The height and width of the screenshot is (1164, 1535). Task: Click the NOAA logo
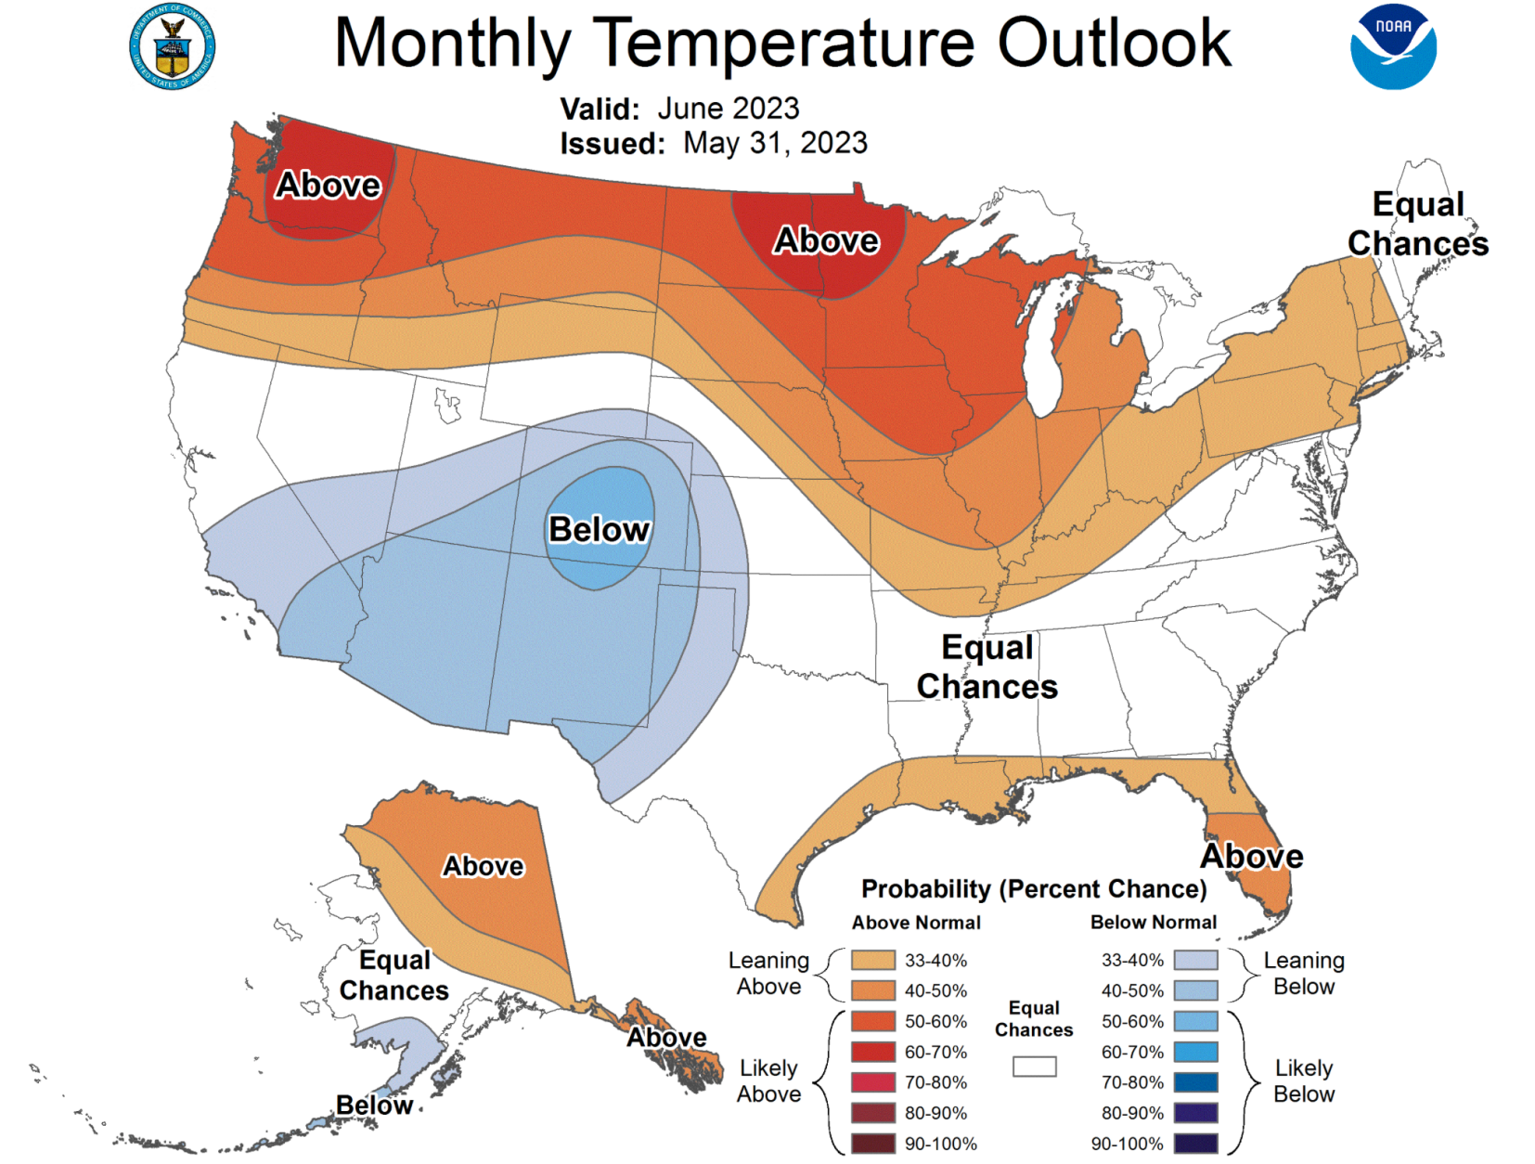(x=1392, y=46)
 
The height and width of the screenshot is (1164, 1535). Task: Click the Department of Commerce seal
(x=173, y=46)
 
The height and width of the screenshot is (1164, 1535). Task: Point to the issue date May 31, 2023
(x=775, y=143)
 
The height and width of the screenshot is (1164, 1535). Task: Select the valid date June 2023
(x=728, y=109)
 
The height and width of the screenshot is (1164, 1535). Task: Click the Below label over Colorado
(x=599, y=529)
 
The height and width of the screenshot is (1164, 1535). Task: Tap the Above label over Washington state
(x=328, y=185)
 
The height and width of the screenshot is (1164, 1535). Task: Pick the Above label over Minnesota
(x=826, y=240)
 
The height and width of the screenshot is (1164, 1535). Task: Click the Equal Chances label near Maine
(x=1417, y=224)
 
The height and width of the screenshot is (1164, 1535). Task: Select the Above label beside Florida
(x=1252, y=856)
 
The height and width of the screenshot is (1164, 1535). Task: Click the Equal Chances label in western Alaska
(x=394, y=975)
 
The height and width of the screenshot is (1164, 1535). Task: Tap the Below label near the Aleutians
(x=374, y=1105)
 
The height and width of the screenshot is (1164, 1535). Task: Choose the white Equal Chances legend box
(x=1034, y=1067)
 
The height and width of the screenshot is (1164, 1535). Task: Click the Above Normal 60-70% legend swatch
(x=872, y=1052)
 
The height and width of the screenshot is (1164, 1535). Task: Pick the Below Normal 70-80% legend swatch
(x=1195, y=1082)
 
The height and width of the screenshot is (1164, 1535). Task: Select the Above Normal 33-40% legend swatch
(x=872, y=960)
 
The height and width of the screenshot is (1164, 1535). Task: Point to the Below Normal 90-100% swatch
(x=1195, y=1144)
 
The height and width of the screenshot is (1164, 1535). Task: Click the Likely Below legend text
(x=1303, y=1081)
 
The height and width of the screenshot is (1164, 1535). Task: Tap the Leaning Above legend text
(x=768, y=973)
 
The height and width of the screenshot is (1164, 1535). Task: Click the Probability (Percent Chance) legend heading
(x=1034, y=889)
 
